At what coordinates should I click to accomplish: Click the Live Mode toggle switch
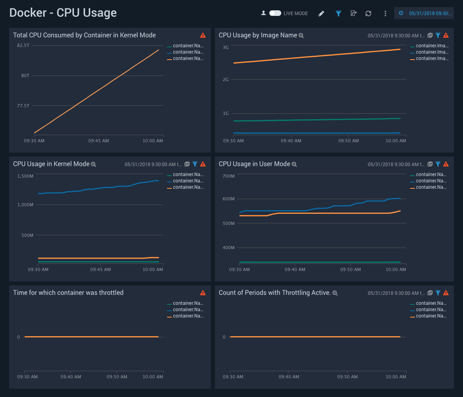click(x=275, y=13)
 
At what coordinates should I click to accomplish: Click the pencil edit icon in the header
click(x=321, y=14)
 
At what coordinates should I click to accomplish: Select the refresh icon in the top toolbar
click(x=368, y=14)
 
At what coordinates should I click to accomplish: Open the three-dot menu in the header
click(x=385, y=14)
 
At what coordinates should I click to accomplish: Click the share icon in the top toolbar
click(x=353, y=14)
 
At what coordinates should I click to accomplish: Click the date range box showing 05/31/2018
click(x=424, y=13)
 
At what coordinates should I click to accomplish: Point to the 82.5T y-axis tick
click(x=23, y=45)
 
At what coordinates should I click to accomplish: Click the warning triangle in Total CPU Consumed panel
click(x=203, y=35)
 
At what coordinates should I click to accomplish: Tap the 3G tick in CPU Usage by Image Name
click(x=226, y=47)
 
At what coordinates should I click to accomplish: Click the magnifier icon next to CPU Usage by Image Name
click(x=301, y=35)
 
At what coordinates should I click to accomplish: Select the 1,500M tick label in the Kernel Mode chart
click(x=25, y=176)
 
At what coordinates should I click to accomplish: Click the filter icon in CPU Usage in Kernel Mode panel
click(x=195, y=164)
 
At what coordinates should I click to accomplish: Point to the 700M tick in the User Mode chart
click(x=229, y=176)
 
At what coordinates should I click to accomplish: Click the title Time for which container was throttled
click(x=68, y=292)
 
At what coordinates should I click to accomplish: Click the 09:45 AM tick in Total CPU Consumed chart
click(x=99, y=141)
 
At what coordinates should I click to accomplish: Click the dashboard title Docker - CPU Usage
click(x=63, y=13)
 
